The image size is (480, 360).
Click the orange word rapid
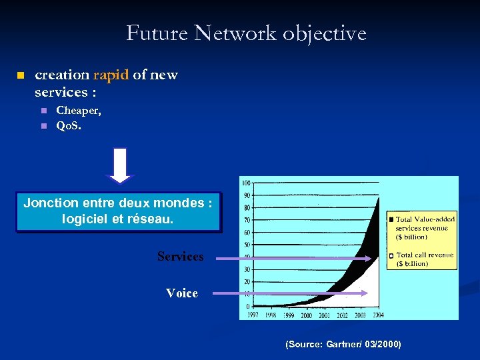coord(111,75)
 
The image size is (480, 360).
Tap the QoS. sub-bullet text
coord(69,126)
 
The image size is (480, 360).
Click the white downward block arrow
coord(120,165)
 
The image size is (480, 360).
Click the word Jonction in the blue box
coord(50,203)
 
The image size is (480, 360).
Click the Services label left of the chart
coord(181,257)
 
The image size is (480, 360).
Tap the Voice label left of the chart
coord(182,293)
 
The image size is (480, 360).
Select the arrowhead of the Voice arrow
coord(364,293)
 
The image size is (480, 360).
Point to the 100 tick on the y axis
coord(246,183)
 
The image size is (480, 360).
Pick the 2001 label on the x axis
coord(323,315)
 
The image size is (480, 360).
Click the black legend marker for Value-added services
coord(391,219)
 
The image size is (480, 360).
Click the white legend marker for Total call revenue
coord(391,256)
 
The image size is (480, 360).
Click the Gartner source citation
coord(343,344)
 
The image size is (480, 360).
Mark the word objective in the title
coord(324,33)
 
